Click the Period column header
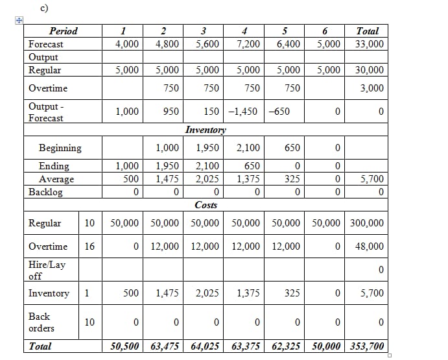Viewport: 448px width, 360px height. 63,31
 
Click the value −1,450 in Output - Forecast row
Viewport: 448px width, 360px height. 244,112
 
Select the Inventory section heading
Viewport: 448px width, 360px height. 206,130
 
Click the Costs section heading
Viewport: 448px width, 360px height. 206,205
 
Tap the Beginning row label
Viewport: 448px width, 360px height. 60,148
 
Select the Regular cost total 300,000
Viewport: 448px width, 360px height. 367,223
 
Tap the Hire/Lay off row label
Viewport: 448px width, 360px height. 47,270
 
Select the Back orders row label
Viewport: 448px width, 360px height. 41,322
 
